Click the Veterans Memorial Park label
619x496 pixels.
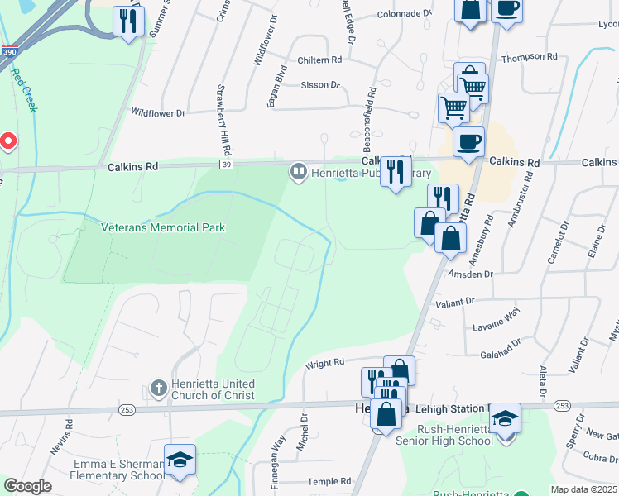coord(163,227)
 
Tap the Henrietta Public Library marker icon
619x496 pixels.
coord(298,172)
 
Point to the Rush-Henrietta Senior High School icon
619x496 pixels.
coord(504,417)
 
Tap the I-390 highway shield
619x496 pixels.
coord(9,51)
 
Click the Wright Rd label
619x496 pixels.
coord(325,363)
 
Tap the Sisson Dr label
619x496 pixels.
coord(320,84)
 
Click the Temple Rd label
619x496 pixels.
coord(329,481)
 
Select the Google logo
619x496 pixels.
coord(27,486)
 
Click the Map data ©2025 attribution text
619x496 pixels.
coord(583,489)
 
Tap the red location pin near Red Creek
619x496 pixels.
coord(8,141)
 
